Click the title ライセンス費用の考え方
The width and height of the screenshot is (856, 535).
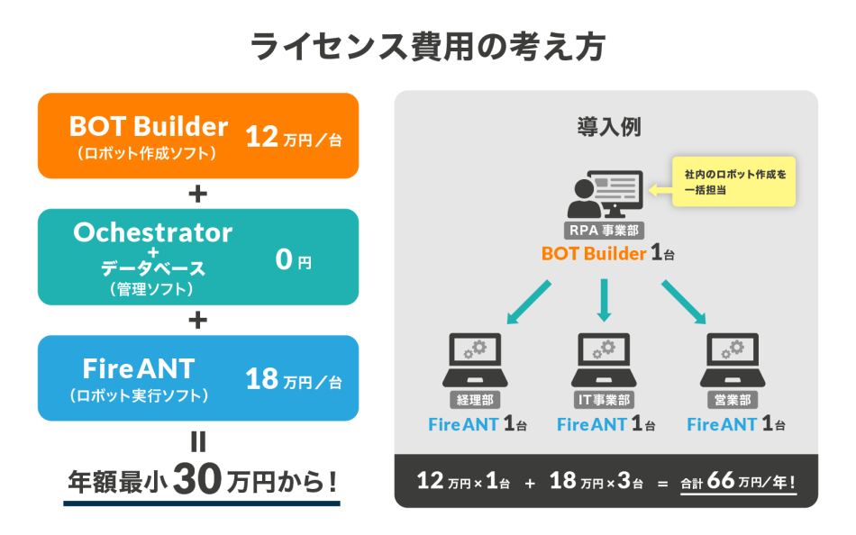427,45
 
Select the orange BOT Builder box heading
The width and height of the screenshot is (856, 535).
149,126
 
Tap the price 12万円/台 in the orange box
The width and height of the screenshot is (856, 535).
294,138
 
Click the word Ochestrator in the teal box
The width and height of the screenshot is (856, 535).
152,232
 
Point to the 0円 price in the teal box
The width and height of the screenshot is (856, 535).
293,261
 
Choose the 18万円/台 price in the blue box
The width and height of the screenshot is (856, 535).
294,380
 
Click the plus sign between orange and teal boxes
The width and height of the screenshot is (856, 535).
198,194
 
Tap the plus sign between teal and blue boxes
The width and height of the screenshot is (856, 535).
198,320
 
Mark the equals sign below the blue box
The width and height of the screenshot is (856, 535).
198,442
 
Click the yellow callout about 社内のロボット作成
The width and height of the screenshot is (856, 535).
734,182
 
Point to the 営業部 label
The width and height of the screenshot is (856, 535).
732,399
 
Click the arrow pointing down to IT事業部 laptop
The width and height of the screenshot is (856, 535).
604,300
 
